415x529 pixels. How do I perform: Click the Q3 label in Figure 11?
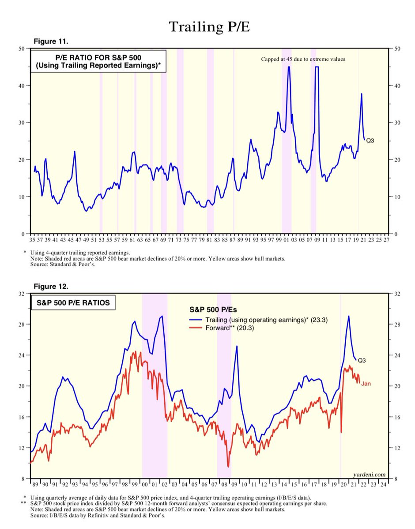click(x=370, y=140)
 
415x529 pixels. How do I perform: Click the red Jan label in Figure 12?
click(x=366, y=384)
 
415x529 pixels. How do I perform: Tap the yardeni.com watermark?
click(x=369, y=474)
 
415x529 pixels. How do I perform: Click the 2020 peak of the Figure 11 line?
click(x=362, y=94)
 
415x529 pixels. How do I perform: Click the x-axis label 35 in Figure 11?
click(x=32, y=240)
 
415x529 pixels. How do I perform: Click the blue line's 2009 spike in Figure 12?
click(x=237, y=346)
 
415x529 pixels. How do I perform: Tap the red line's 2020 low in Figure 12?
click(x=341, y=432)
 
